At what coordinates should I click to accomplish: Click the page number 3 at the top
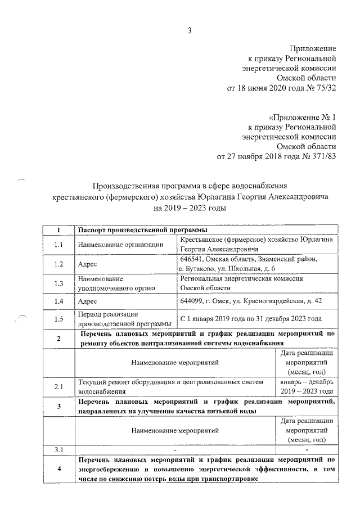190,30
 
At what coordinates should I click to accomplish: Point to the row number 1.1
58,244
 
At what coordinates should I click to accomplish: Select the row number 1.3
58,283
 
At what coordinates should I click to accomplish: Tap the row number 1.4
58,301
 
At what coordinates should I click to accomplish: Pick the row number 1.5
58,319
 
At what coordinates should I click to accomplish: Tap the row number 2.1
58,386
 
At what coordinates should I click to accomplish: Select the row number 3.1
58,449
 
